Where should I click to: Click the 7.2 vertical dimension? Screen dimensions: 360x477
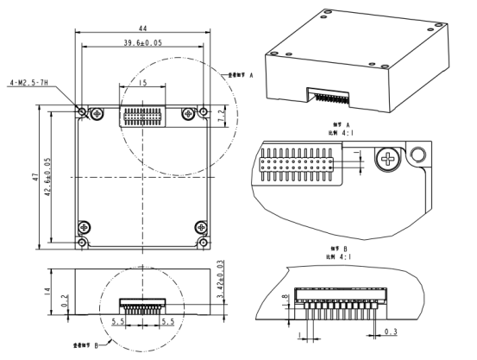[x=222, y=113]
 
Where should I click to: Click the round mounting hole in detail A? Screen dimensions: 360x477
[x=418, y=155]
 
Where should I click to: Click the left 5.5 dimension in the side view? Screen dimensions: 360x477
[x=118, y=319]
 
